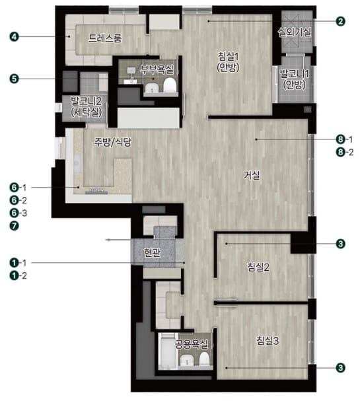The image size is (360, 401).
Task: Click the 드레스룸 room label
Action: (x=105, y=38)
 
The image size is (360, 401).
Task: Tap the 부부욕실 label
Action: (x=157, y=69)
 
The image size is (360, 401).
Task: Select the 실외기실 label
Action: (x=295, y=32)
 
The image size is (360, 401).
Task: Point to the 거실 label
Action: (x=252, y=175)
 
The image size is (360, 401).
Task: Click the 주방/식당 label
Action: (x=113, y=142)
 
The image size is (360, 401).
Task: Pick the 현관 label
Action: (x=152, y=252)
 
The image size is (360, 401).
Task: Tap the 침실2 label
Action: (x=258, y=267)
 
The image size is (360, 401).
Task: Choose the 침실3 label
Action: (x=268, y=341)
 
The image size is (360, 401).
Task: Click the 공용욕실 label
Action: (x=192, y=344)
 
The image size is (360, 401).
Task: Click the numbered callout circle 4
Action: (x=15, y=37)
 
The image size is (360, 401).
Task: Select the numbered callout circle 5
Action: (x=15, y=79)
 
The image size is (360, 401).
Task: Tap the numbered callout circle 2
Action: (x=341, y=21)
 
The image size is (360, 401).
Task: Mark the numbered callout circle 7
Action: (x=15, y=226)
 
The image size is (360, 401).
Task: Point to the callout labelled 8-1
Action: (x=345, y=139)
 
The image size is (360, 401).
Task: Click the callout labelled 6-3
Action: (x=18, y=213)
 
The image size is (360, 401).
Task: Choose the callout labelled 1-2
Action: (x=18, y=275)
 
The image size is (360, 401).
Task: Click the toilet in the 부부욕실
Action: (x=170, y=85)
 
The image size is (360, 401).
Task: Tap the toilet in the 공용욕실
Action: (x=204, y=358)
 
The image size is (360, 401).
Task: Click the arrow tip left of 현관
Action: (x=107, y=240)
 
